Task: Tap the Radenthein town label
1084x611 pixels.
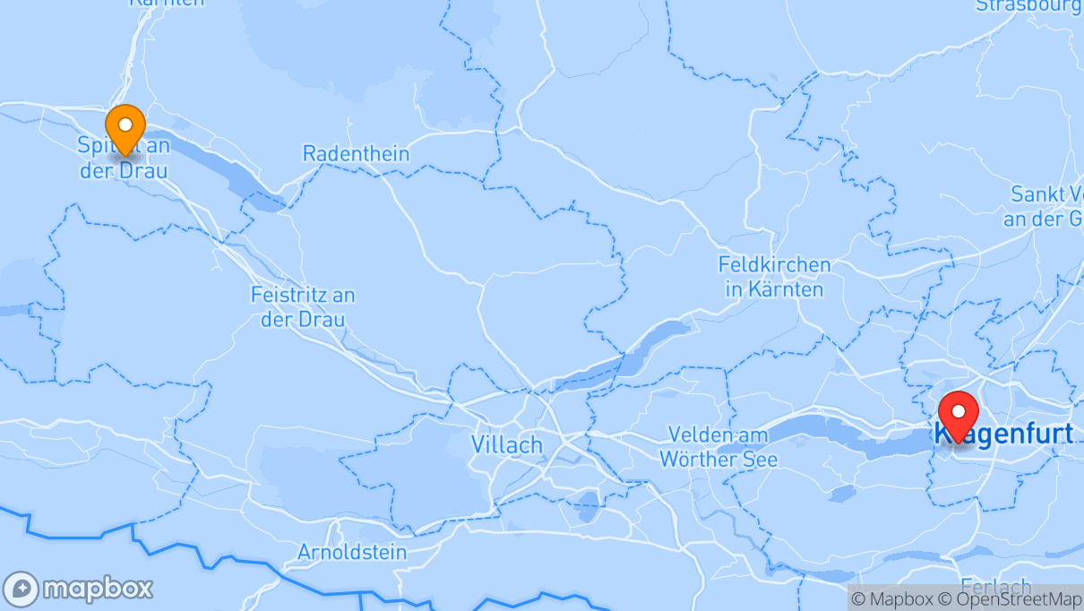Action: coord(356,153)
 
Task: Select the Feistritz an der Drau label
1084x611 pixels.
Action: coord(303,306)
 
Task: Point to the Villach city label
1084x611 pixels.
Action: coord(507,444)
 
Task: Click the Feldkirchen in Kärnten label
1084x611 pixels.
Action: coord(774,277)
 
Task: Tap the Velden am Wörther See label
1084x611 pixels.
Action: coord(718,447)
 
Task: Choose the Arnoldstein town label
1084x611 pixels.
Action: coord(352,552)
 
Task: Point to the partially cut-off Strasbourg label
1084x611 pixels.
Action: coord(1028,6)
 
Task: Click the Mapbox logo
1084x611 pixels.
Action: coord(78,589)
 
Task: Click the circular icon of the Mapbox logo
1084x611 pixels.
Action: coord(21,589)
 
